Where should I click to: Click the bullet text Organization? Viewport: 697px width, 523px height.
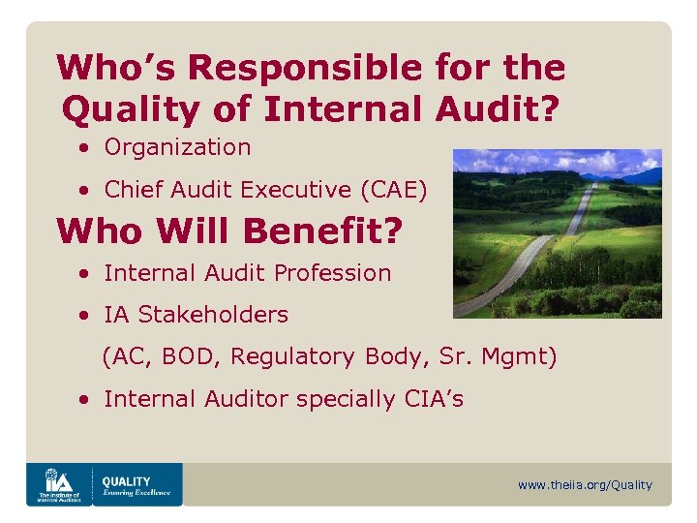[x=177, y=147]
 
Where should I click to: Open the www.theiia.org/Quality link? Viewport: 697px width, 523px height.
[x=585, y=485]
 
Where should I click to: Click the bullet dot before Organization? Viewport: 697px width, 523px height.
[x=86, y=148]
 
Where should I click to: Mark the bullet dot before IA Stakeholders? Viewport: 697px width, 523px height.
[x=86, y=316]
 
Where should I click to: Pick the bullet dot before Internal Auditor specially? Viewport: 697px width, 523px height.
[x=86, y=400]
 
